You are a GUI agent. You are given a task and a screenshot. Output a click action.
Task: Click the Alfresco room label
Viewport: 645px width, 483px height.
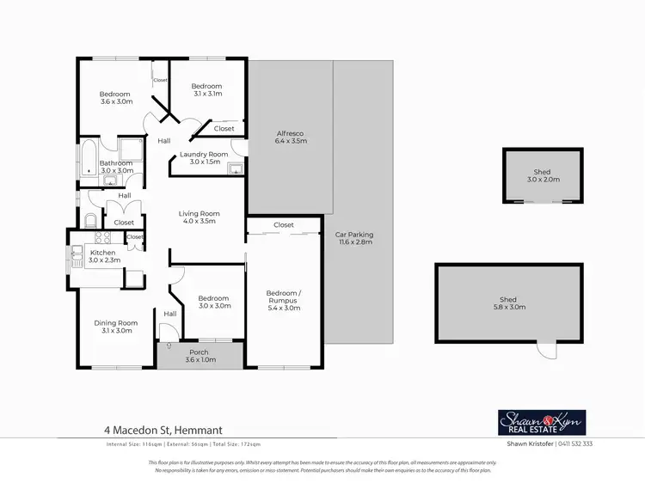point(291,138)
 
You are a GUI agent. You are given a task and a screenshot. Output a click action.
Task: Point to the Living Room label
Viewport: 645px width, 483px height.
point(200,217)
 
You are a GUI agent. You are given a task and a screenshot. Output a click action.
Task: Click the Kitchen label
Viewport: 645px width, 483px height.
point(102,256)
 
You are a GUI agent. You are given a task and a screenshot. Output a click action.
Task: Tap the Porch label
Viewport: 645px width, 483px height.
point(199,357)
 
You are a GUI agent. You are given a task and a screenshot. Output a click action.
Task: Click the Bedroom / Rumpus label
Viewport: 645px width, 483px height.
point(284,300)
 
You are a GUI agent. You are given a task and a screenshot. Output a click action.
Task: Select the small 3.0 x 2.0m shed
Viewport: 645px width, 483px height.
point(542,176)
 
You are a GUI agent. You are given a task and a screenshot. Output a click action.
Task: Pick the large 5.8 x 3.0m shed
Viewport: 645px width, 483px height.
point(508,304)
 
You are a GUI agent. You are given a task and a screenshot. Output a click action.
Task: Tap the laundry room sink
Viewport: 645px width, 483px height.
point(235,169)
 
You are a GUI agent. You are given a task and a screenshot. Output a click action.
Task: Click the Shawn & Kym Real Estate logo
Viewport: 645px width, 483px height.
point(542,422)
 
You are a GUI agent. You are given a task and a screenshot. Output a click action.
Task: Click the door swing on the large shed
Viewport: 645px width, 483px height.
point(545,350)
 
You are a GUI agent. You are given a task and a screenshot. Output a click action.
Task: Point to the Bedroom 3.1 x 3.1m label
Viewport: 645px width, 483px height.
point(206,90)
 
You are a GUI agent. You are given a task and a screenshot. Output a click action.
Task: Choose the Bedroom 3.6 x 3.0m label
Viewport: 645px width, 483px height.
point(114,98)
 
